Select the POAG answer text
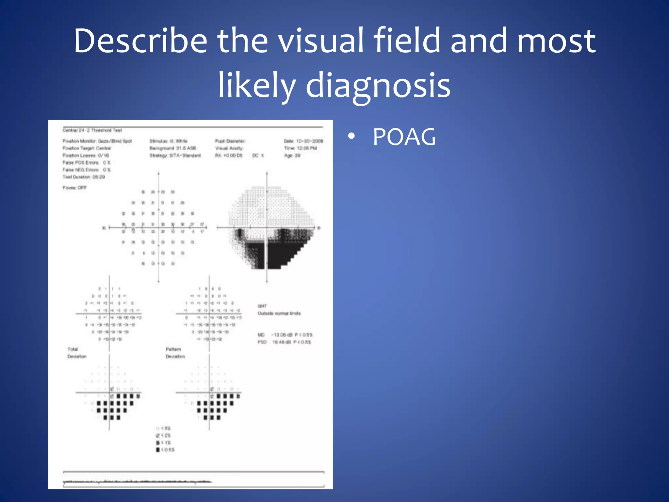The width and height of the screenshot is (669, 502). click(404, 137)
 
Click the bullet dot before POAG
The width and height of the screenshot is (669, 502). click(351, 137)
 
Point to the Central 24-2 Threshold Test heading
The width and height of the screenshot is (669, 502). click(92, 130)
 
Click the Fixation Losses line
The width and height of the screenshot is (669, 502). click(86, 156)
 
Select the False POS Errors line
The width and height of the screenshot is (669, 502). click(87, 163)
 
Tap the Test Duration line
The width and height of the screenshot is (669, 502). click(84, 177)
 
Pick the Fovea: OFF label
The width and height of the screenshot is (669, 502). click(74, 188)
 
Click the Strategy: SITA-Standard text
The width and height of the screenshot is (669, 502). click(175, 156)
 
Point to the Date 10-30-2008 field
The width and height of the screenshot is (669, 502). click(303, 141)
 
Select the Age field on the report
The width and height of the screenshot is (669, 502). click(292, 156)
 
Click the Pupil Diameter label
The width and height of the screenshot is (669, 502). click(230, 141)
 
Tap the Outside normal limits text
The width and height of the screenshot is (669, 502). click(279, 313)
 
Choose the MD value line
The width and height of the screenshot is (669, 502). click(285, 335)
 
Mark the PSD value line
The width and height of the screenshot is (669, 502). click(284, 342)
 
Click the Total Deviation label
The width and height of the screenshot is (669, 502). click(77, 353)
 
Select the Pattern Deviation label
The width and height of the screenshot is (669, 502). click(175, 353)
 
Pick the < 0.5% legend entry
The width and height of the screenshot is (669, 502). click(165, 450)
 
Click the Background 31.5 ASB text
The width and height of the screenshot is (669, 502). click(173, 148)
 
